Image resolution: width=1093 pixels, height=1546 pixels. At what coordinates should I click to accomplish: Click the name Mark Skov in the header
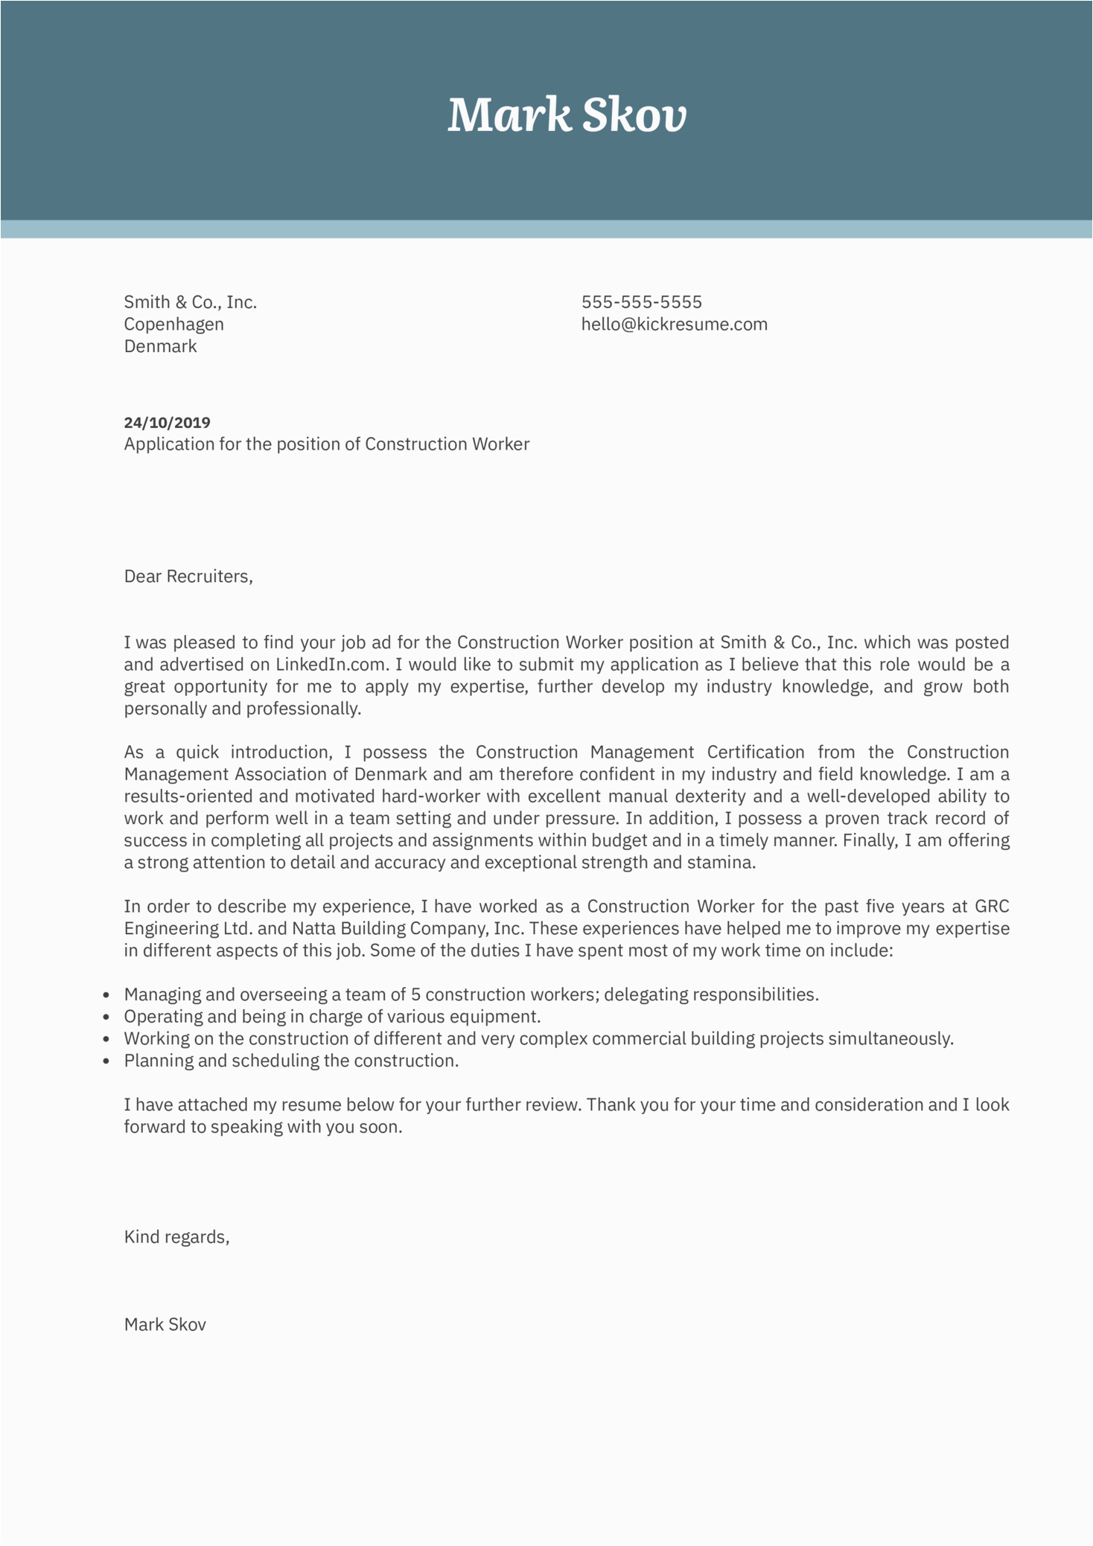567,116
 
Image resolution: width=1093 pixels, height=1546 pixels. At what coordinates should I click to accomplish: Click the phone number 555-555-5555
641,302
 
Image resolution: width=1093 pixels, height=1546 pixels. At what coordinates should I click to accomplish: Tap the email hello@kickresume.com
674,325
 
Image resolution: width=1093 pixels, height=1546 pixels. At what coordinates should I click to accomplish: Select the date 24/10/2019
167,423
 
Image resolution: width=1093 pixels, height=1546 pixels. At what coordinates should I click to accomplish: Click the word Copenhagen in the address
173,325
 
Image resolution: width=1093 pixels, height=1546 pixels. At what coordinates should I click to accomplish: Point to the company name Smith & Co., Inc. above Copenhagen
190,302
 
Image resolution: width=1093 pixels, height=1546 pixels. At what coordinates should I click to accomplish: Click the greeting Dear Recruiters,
188,576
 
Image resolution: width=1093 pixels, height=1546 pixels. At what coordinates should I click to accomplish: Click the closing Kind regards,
176,1237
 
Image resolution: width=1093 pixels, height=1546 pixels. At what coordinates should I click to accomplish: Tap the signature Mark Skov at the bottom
165,1324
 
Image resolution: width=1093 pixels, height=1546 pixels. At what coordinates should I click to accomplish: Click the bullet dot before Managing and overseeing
106,995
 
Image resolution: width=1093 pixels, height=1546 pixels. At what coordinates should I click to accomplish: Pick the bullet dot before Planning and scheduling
106,1061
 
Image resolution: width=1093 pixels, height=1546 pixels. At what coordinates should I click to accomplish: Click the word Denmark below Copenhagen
160,347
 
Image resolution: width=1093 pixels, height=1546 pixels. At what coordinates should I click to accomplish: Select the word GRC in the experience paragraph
992,907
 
